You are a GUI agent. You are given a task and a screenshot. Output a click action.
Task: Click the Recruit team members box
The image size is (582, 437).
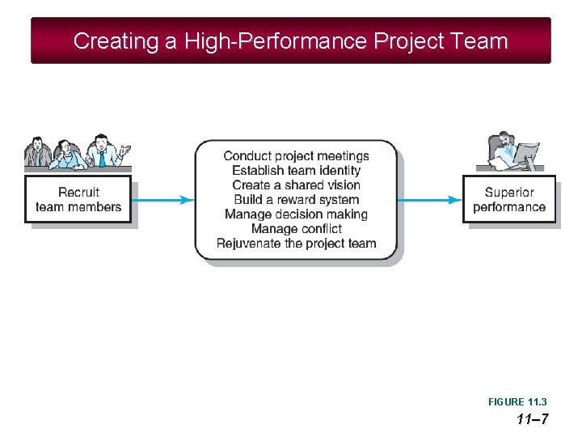click(78, 199)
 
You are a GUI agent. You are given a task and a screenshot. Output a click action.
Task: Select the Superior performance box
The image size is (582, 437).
click(509, 199)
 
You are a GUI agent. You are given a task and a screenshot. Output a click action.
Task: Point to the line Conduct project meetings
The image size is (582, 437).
click(296, 156)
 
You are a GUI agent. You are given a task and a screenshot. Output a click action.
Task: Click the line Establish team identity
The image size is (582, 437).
click(296, 171)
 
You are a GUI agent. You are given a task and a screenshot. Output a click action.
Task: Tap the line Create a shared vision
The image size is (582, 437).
click(296, 185)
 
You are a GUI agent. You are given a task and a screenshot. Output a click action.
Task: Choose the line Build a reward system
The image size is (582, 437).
click(296, 200)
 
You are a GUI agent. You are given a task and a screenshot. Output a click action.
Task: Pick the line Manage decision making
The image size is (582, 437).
click(296, 214)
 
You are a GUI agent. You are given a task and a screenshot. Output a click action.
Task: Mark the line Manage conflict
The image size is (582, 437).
click(296, 229)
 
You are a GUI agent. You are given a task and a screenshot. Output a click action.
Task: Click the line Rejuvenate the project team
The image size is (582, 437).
click(296, 244)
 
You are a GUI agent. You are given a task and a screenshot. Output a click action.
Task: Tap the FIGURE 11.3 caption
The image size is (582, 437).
click(517, 402)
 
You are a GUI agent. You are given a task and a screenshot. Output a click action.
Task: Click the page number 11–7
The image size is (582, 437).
click(533, 419)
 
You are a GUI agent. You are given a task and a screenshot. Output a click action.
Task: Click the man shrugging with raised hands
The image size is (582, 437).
click(103, 151)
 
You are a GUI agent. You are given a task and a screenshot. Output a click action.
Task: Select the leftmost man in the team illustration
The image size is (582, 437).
click(37, 152)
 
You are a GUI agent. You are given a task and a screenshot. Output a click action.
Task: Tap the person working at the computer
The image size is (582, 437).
click(504, 150)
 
